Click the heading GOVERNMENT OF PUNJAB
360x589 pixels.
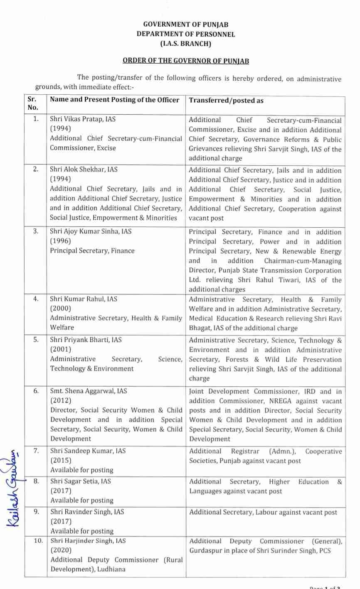pos(185,25)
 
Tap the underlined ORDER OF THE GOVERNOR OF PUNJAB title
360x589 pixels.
pos(185,61)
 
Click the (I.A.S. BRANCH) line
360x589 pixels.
pos(185,43)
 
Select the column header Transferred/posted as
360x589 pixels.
pos(226,101)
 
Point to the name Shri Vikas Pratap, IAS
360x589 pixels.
pos(83,119)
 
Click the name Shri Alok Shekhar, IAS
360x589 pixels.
pos(84,169)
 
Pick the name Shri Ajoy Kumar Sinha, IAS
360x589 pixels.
pos(91,231)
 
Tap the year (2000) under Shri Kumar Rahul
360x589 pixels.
pos(60,308)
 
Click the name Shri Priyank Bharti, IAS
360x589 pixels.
pos(86,340)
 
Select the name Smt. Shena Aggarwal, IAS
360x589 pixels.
pos(89,391)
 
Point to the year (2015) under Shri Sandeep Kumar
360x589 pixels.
pos(61,460)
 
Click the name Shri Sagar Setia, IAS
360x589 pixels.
pos(81,481)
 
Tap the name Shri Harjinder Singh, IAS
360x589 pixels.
pos(88,541)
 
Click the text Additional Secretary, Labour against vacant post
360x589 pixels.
pos(263,512)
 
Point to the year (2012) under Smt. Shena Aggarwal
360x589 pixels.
pos(61,400)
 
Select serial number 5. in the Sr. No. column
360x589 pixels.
pos(36,340)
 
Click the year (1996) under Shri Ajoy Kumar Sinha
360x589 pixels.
pos(60,241)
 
